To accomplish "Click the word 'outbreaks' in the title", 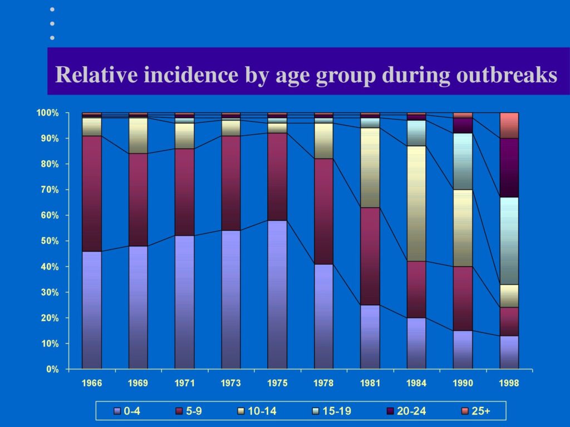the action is click(x=507, y=75).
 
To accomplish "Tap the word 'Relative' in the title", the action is click(x=97, y=75).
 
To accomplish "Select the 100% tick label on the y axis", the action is click(x=48, y=113).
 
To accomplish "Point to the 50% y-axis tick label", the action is click(x=50, y=241).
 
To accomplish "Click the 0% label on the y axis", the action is click(x=52, y=369).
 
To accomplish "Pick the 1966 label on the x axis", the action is click(x=92, y=383).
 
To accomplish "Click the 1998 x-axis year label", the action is click(x=509, y=383).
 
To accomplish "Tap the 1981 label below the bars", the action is click(x=370, y=383).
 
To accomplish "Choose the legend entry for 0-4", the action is click(x=127, y=411).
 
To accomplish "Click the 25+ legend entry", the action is click(x=476, y=411).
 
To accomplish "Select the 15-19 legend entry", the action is click(x=332, y=411).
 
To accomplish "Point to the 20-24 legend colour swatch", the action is click(x=390, y=411).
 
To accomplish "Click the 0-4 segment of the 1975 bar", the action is click(x=277, y=295).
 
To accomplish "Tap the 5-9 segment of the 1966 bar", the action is click(x=92, y=194).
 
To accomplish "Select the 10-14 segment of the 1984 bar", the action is click(x=416, y=203).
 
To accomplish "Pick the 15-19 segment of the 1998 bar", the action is click(x=509, y=241).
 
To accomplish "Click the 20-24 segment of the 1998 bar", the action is click(x=509, y=168).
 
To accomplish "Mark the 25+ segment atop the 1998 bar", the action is click(x=509, y=126).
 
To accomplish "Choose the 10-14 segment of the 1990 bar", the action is click(x=463, y=228).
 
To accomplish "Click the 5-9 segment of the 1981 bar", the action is click(x=370, y=256).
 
